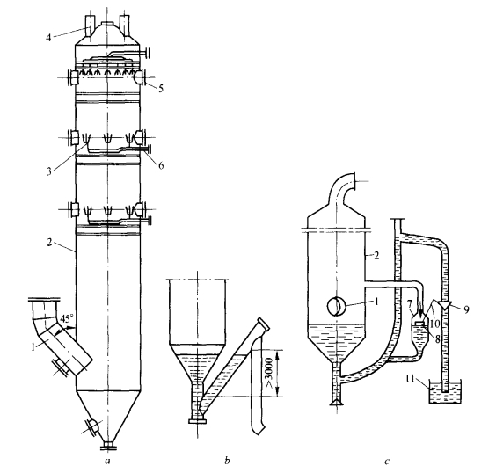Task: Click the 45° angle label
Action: click(65, 319)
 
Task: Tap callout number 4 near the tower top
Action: click(48, 38)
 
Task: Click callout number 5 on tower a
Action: click(161, 89)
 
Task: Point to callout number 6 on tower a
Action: click(161, 165)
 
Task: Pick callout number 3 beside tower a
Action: click(49, 172)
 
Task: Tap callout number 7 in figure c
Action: click(410, 305)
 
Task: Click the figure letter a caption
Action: click(107, 462)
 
